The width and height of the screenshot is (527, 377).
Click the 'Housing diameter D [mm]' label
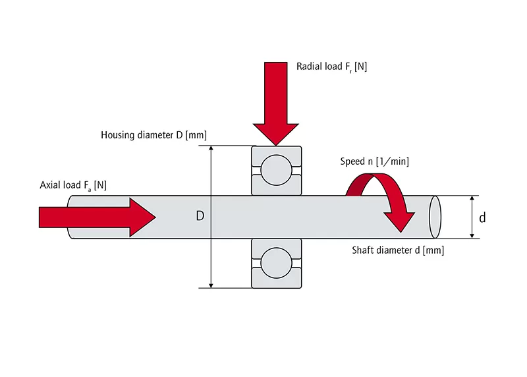(x=153, y=135)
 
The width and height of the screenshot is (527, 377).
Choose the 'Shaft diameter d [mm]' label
(x=397, y=250)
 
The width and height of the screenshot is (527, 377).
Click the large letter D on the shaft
(x=200, y=216)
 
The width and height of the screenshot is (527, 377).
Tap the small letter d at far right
(x=482, y=217)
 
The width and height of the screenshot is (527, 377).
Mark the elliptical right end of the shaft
(x=434, y=217)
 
